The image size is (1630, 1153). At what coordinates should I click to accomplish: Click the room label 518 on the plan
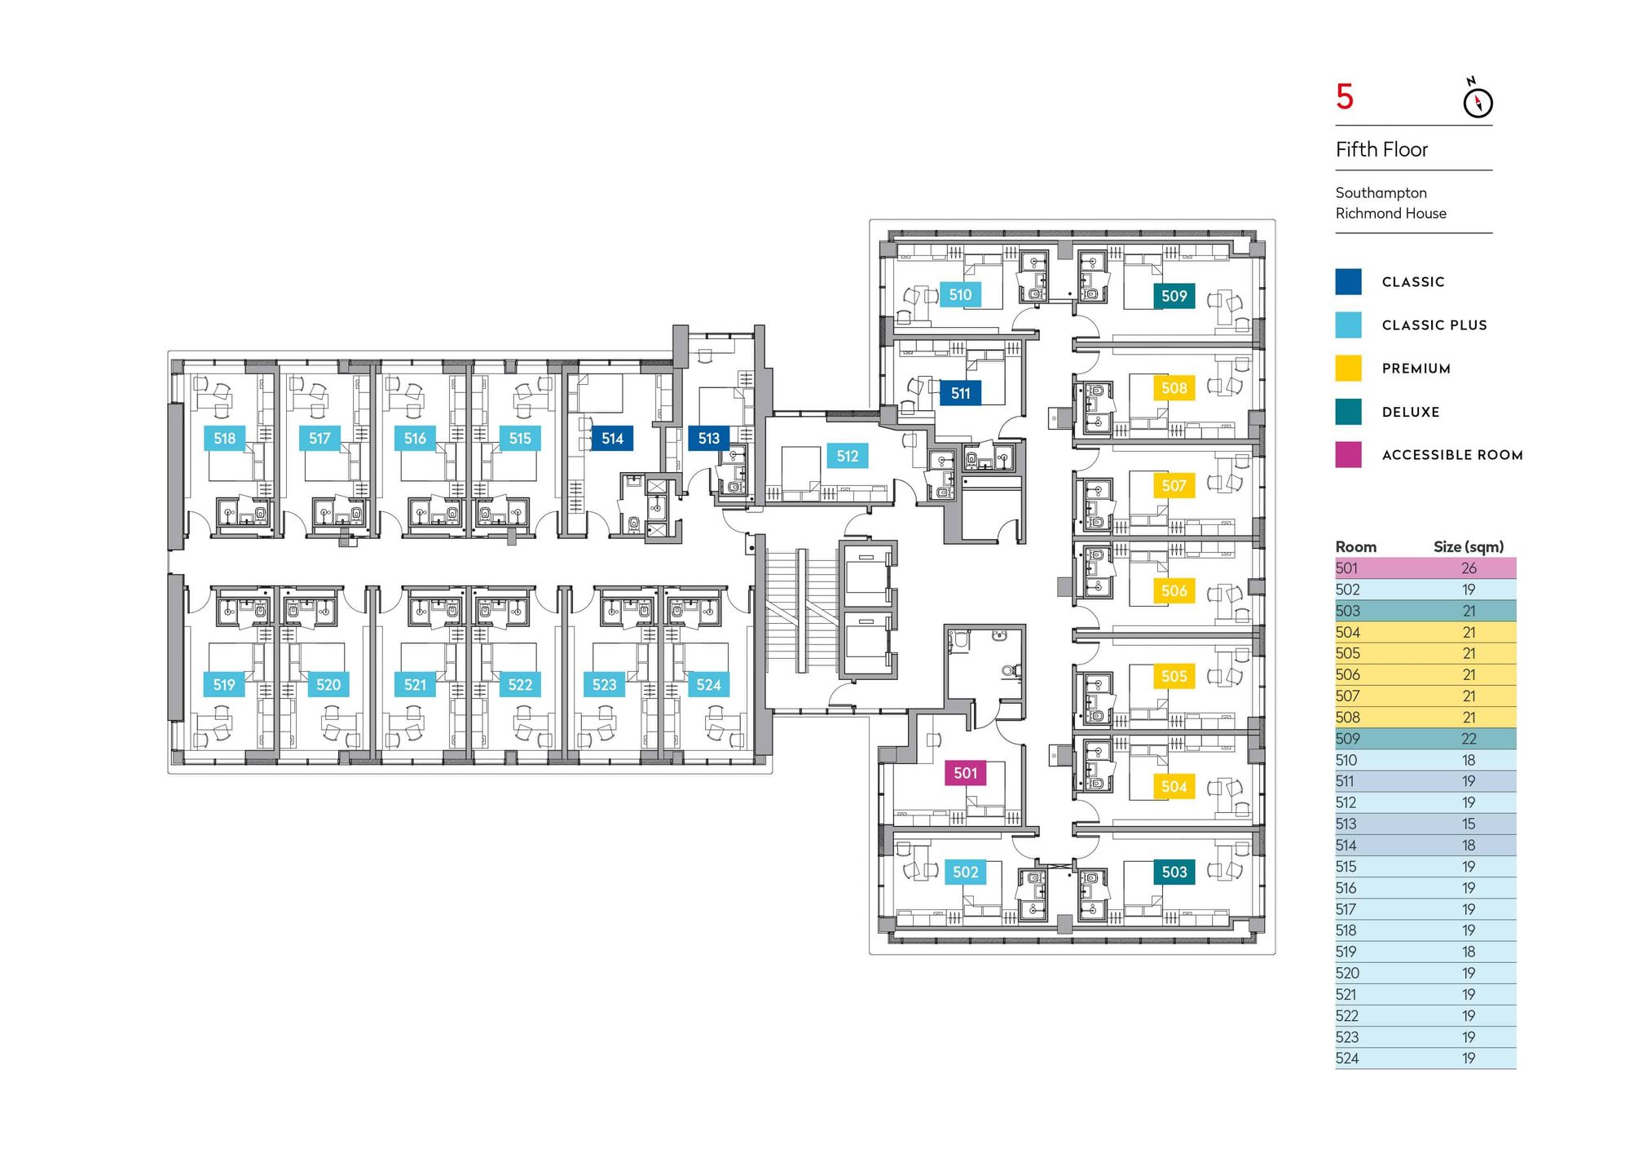tap(224, 439)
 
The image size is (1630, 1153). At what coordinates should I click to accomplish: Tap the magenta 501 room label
tap(965, 773)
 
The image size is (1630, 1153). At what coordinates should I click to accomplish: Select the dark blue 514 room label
tap(612, 439)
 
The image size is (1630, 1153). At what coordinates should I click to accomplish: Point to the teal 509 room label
tap(1174, 296)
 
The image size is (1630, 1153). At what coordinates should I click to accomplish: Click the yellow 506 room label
tap(1174, 590)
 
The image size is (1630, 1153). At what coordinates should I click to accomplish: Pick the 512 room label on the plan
tap(848, 457)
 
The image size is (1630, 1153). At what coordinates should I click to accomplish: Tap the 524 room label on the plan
tap(708, 685)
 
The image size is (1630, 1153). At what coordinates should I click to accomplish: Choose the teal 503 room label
tap(1174, 872)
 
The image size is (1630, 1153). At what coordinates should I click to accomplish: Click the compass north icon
tap(1478, 101)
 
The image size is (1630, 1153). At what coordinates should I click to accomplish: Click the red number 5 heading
tap(1345, 98)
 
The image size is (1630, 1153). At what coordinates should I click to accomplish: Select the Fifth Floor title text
tap(1381, 150)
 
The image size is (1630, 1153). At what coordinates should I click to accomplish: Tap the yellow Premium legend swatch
tap(1348, 369)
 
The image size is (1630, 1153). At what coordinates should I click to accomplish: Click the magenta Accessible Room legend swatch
tap(1348, 455)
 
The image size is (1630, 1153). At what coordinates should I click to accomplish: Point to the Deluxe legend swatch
tap(1348, 412)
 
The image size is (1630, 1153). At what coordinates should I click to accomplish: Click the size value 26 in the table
tap(1469, 568)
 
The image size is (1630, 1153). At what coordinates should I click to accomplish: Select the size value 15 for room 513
tap(1469, 824)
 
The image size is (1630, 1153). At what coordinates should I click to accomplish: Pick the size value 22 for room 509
tap(1469, 739)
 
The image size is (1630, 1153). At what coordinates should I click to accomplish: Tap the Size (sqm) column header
tap(1469, 547)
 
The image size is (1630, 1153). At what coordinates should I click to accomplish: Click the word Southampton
tap(1381, 193)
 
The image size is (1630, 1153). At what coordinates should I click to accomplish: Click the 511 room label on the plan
tap(960, 393)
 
